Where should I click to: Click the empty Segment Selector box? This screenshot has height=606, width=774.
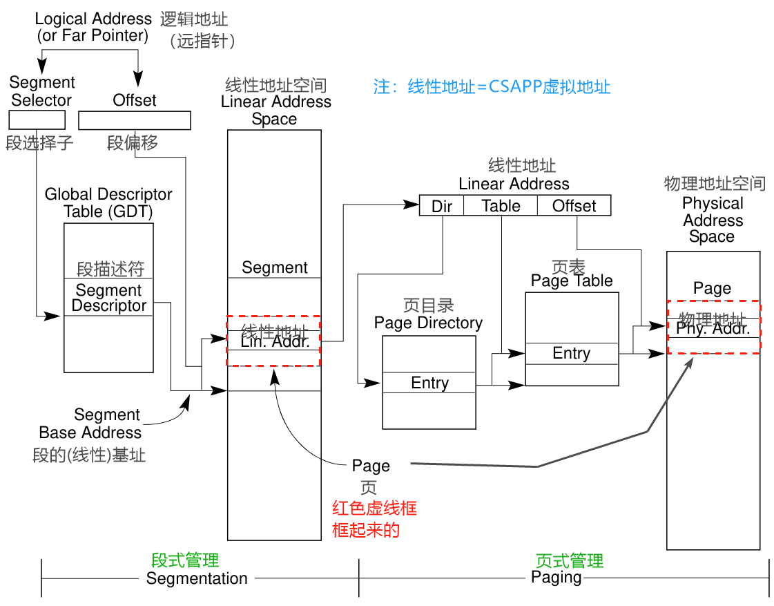click(x=37, y=120)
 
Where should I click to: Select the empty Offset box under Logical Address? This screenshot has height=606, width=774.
click(x=135, y=120)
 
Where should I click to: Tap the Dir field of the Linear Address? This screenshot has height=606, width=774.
click(x=441, y=206)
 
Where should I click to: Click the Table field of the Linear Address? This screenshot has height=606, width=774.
click(x=501, y=206)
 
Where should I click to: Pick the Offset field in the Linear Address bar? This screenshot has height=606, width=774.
click(x=574, y=206)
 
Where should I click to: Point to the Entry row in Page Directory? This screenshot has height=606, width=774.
click(x=429, y=383)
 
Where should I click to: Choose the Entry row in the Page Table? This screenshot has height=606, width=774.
click(x=572, y=353)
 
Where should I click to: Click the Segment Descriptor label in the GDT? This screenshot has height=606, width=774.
click(x=109, y=298)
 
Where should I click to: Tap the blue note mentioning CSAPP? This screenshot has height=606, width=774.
click(x=492, y=87)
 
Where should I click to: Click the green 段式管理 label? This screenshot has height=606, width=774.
click(x=185, y=560)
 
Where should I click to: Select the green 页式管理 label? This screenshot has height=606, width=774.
click(x=570, y=560)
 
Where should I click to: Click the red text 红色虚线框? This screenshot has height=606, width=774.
click(x=374, y=509)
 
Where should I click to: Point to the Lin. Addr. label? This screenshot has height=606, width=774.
click(x=275, y=341)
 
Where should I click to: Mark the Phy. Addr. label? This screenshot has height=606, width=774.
click(x=713, y=329)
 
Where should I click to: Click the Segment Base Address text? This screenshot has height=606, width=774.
click(x=90, y=424)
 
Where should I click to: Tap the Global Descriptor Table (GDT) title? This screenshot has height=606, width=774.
click(x=108, y=202)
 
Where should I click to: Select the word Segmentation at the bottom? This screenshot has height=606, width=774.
click(x=197, y=578)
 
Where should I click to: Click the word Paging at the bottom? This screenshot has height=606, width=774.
click(x=556, y=577)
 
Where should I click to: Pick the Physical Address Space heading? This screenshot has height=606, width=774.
click(x=713, y=220)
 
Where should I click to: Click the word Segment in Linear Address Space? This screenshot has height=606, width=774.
click(x=275, y=267)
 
